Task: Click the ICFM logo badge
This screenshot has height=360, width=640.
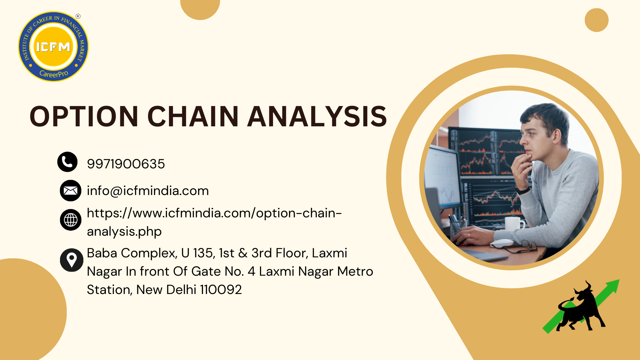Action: [x=53, y=47]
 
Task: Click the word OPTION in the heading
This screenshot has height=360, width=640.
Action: [x=84, y=116]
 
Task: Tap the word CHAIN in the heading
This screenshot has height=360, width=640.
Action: [x=193, y=116]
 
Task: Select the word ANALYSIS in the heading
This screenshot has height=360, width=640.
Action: [x=317, y=116]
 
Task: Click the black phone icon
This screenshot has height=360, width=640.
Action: [x=67, y=162]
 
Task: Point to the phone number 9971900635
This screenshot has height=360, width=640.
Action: [x=126, y=164]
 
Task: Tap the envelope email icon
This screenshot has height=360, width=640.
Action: [x=71, y=191]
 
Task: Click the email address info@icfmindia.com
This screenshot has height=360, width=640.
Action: [x=148, y=191]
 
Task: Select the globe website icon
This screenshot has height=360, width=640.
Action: [x=71, y=220]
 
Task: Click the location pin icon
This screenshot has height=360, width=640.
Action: [x=72, y=260]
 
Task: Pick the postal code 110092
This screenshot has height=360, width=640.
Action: [x=221, y=290]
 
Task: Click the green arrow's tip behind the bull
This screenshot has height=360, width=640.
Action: [x=619, y=280]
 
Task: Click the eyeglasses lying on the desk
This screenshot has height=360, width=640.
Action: [x=520, y=246]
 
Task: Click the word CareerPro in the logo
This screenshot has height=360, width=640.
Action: [x=54, y=74]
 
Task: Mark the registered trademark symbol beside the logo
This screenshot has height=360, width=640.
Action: [x=78, y=16]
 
